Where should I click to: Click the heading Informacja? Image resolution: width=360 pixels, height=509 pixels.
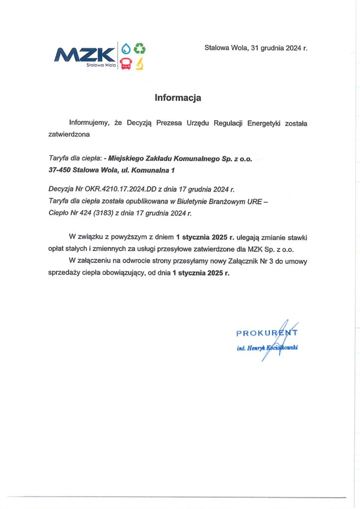pyautogui.click(x=178, y=98)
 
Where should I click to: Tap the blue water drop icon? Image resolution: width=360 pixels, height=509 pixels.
pyautogui.click(x=126, y=48)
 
